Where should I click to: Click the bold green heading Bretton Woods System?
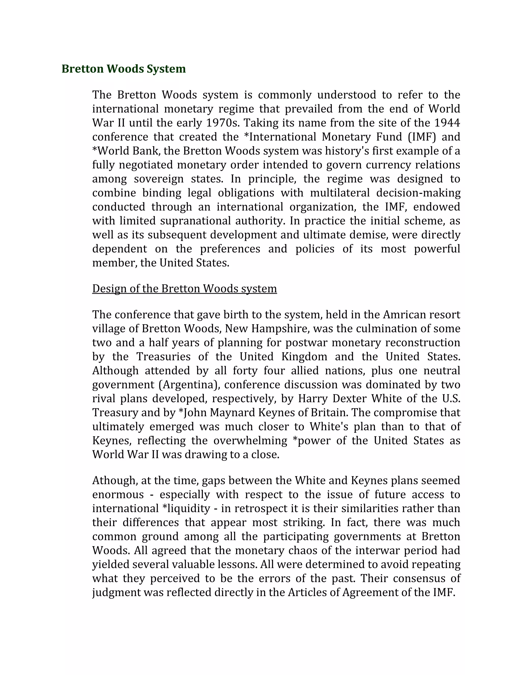123,69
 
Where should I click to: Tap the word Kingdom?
304,357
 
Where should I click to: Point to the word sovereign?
159,179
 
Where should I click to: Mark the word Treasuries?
163,357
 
